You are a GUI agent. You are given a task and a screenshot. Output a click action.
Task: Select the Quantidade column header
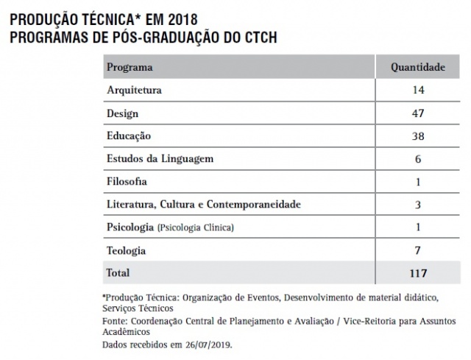point(417,68)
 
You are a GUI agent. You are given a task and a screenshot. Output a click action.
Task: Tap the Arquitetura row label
point(134,91)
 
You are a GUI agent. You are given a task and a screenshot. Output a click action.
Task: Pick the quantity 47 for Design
point(417,113)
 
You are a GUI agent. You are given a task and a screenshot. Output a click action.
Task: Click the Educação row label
point(129,136)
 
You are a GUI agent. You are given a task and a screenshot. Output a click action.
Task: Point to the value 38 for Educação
point(417,136)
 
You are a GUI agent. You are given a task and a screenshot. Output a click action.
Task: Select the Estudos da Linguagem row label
point(160,158)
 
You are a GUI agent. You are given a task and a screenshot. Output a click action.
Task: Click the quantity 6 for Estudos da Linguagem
point(417,158)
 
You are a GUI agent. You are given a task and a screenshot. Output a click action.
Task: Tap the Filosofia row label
point(127,181)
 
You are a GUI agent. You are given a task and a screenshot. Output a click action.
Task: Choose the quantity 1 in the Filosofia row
point(417,181)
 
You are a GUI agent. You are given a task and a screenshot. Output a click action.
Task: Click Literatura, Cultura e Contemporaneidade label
point(204,204)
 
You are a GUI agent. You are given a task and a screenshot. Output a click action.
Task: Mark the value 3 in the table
point(417,204)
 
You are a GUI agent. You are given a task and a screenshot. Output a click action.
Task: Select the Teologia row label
point(126,250)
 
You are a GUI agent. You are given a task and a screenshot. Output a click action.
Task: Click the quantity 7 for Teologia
point(417,250)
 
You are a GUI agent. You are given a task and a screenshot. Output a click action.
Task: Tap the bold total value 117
point(417,273)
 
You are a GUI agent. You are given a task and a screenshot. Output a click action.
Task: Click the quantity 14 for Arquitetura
point(417,91)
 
